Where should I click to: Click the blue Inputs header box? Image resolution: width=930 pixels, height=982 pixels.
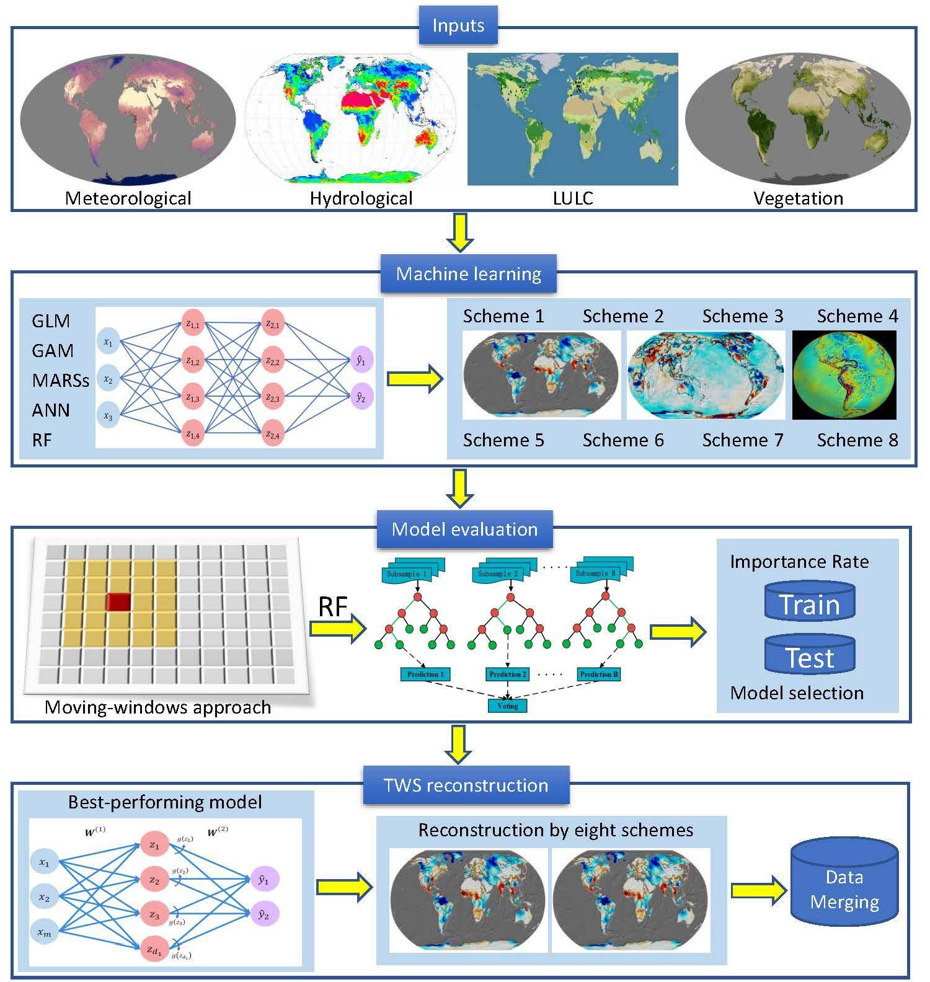(x=458, y=26)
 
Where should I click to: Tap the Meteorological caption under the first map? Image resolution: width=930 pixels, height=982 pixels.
(x=128, y=198)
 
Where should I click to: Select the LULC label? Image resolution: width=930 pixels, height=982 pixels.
(x=573, y=198)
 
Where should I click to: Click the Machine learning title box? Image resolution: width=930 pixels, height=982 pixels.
(x=468, y=274)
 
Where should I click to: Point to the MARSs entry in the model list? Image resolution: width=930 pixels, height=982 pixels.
(x=60, y=380)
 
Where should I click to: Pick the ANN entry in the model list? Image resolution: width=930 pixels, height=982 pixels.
(x=51, y=410)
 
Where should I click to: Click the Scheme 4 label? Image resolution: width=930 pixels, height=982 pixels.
(x=857, y=316)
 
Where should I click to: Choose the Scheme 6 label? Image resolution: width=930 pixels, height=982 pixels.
(x=622, y=440)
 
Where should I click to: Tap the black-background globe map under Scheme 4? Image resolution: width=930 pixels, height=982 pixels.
(x=844, y=375)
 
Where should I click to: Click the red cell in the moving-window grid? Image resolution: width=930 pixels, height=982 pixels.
(x=118, y=601)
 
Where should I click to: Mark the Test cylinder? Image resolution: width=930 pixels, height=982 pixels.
(x=810, y=656)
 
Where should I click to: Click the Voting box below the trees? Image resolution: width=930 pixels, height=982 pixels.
(x=507, y=706)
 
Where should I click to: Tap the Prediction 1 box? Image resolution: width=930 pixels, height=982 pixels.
(x=425, y=674)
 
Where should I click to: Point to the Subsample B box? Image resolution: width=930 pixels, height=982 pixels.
(x=595, y=573)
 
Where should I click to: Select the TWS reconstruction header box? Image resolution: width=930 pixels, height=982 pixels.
(x=466, y=785)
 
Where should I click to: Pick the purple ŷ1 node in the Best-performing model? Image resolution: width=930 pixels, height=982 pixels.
(x=263, y=879)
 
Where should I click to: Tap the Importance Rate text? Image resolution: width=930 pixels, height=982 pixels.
(x=799, y=562)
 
